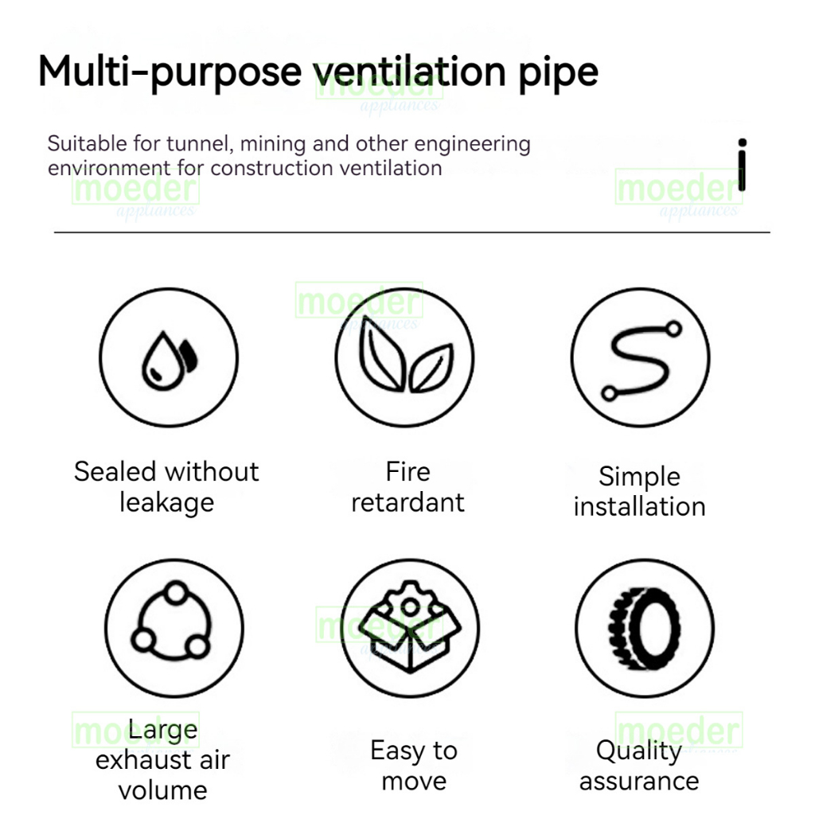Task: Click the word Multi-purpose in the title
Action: click(170, 72)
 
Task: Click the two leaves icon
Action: click(405, 358)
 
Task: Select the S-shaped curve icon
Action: click(641, 358)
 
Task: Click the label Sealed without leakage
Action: click(166, 487)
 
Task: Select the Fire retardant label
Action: click(407, 487)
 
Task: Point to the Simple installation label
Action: click(640, 492)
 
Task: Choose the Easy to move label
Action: click(414, 765)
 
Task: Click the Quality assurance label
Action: click(639, 765)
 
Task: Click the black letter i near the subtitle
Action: click(742, 165)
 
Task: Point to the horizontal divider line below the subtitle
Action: click(411, 232)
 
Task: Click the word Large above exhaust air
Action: click(162, 730)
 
